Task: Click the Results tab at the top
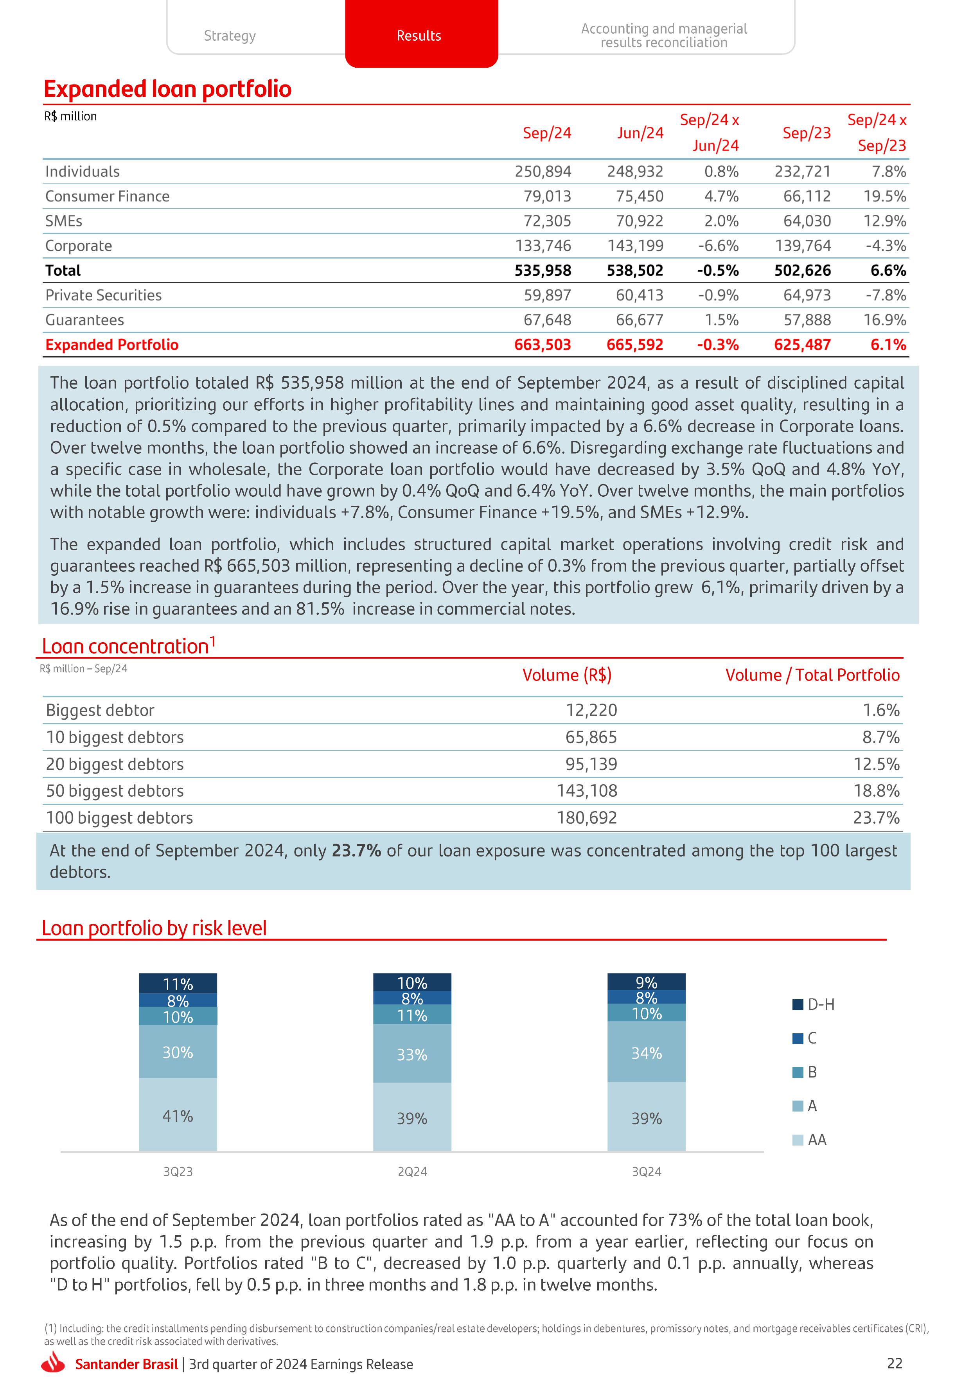(x=419, y=36)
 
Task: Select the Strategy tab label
(x=230, y=36)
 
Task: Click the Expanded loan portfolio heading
(x=168, y=89)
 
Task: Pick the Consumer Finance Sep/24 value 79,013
(x=547, y=196)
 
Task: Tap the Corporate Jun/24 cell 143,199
(x=635, y=246)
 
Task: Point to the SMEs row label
(x=64, y=221)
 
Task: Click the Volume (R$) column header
(x=567, y=675)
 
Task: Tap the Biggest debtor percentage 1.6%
(x=881, y=710)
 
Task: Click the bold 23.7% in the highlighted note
(x=356, y=851)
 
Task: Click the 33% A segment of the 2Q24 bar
(x=412, y=1054)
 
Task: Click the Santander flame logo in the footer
(x=54, y=1363)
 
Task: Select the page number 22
(x=894, y=1363)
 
